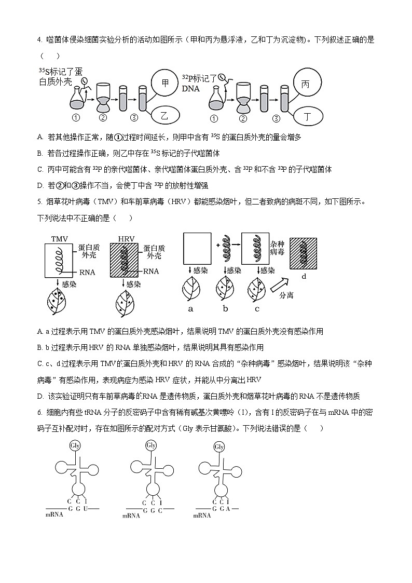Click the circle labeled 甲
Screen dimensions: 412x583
[x=166, y=83]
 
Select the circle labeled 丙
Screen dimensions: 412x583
[x=306, y=84]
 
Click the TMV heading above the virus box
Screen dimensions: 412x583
[x=60, y=239]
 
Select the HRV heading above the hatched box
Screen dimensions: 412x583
[x=126, y=239]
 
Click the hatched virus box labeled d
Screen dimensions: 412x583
[x=304, y=253]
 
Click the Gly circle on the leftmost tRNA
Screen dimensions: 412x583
[x=75, y=445]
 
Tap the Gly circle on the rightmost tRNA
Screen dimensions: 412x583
[x=219, y=446]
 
